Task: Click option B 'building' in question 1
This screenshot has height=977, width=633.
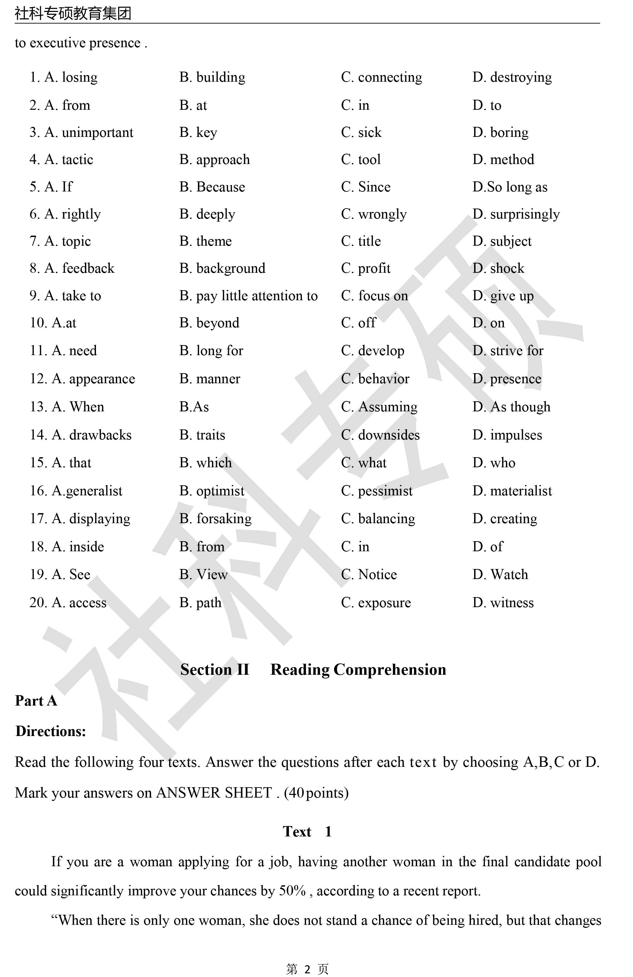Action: (220, 77)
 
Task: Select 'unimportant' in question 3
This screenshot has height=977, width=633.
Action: (97, 133)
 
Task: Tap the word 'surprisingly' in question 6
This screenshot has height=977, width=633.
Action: (525, 214)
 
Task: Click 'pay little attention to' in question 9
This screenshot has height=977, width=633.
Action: (257, 296)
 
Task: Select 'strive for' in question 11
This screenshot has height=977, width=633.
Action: (517, 350)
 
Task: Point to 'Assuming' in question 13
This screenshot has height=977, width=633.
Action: (388, 407)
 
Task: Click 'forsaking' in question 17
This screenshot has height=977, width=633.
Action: (224, 519)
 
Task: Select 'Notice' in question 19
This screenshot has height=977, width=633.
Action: (378, 575)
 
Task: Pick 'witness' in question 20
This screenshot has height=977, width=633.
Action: (512, 602)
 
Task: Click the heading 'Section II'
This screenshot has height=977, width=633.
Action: (215, 669)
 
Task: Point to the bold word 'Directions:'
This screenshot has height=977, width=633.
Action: (50, 731)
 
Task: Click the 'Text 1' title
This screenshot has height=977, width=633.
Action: (307, 832)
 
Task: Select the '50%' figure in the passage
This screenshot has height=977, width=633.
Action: (293, 891)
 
